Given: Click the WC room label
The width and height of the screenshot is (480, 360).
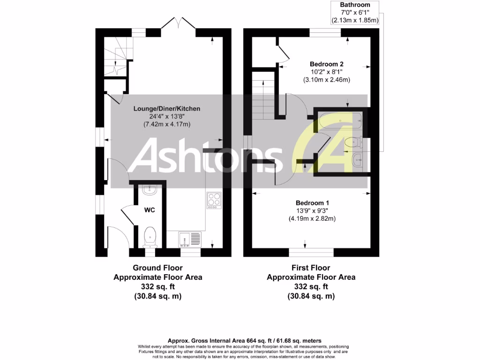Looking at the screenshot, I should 150,210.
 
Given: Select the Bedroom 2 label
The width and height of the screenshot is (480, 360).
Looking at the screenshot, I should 327,64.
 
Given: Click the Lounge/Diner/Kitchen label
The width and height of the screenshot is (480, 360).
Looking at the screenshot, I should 167,108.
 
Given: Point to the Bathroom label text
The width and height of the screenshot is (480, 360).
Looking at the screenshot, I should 355,5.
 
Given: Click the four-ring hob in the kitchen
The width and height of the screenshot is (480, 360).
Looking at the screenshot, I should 214,200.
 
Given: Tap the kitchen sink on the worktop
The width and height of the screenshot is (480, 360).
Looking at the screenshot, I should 189,240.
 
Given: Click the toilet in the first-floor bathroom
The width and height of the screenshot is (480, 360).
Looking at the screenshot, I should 353,142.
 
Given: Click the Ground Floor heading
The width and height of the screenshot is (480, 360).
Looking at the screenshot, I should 157,268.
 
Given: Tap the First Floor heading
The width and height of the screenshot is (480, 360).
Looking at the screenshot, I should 311,268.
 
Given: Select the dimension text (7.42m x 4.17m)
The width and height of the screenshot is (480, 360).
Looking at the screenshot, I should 167,124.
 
